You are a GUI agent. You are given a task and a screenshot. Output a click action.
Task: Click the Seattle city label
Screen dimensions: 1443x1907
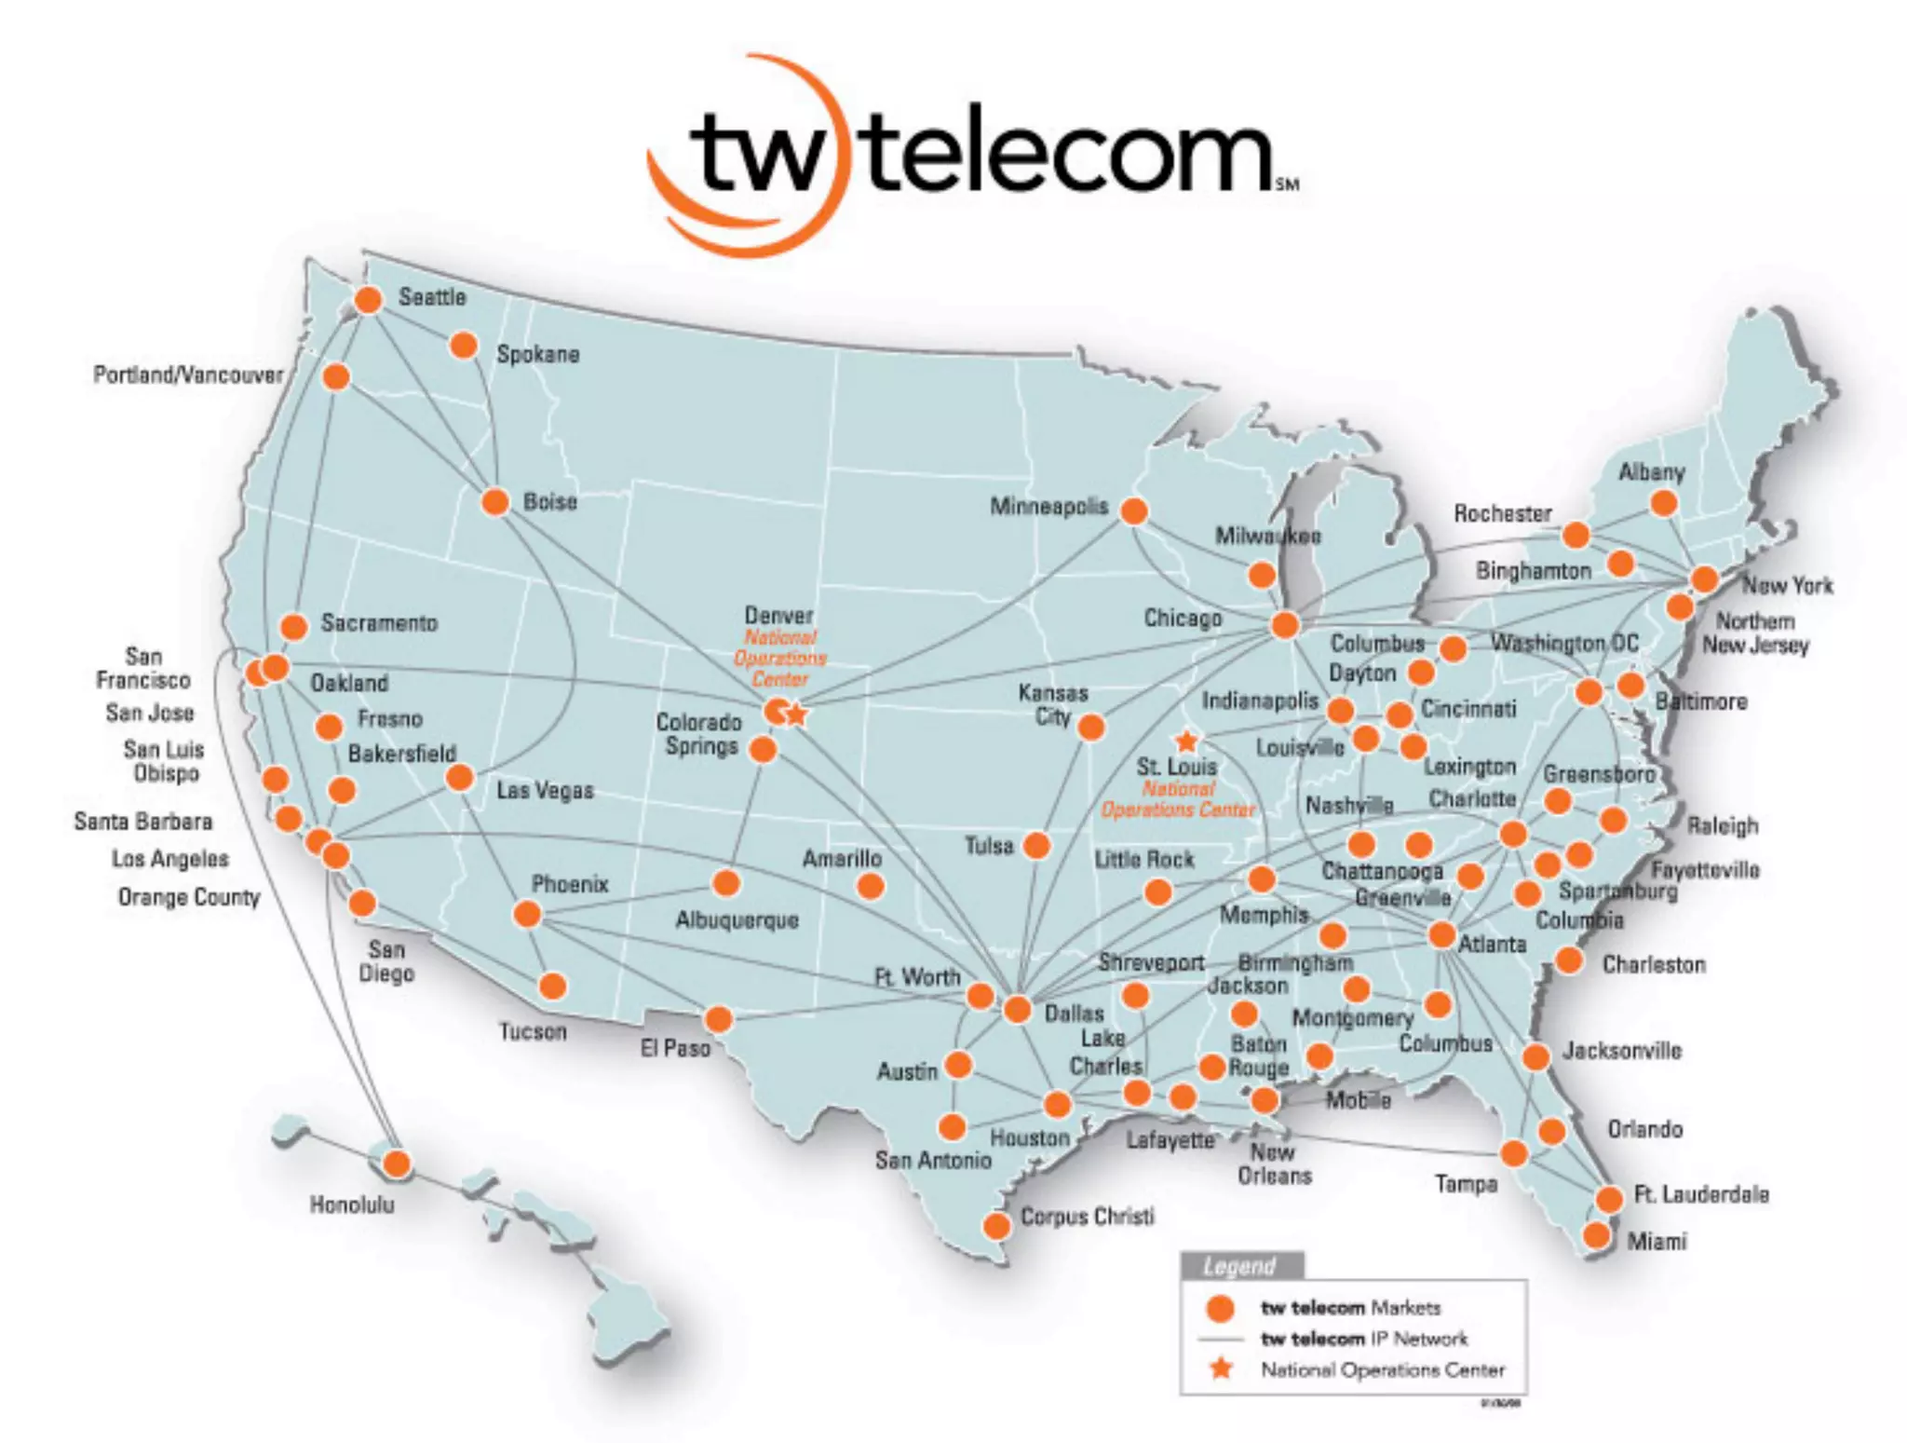(x=432, y=297)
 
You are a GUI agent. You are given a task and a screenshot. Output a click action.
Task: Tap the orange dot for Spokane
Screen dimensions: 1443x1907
(x=464, y=346)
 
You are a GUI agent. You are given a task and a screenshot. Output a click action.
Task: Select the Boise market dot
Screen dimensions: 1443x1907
(x=495, y=502)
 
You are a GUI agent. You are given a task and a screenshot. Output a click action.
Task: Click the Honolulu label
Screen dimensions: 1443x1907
(x=352, y=1205)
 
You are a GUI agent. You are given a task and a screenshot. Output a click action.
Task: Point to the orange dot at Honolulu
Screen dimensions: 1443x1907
(x=398, y=1164)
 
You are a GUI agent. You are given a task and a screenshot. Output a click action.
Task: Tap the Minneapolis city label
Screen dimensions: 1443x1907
(x=1048, y=506)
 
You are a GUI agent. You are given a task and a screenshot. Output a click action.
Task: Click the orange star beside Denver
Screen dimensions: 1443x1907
(x=797, y=715)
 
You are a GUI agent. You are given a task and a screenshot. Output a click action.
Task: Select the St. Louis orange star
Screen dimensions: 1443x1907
(x=1186, y=742)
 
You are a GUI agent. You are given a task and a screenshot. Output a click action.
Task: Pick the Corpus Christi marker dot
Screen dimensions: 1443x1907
(x=997, y=1225)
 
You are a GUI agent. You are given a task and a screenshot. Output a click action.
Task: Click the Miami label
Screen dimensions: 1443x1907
(x=1657, y=1241)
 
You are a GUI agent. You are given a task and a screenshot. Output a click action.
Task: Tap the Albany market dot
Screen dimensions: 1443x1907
(x=1664, y=504)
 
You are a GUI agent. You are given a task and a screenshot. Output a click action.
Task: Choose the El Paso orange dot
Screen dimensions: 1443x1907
(x=719, y=1019)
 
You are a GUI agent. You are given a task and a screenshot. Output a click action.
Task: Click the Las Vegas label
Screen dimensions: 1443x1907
(x=545, y=791)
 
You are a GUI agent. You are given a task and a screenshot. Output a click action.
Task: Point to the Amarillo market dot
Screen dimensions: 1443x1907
(x=871, y=886)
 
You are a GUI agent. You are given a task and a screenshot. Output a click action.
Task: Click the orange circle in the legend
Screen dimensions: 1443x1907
(x=1220, y=1308)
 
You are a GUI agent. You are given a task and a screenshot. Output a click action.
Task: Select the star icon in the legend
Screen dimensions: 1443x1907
(x=1221, y=1368)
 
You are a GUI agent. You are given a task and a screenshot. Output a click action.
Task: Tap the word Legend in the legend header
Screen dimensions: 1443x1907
(x=1238, y=1267)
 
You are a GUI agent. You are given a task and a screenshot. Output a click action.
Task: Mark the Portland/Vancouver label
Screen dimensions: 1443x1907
(x=188, y=374)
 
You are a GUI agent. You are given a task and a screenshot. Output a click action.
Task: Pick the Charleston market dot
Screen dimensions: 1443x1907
(x=1570, y=960)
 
